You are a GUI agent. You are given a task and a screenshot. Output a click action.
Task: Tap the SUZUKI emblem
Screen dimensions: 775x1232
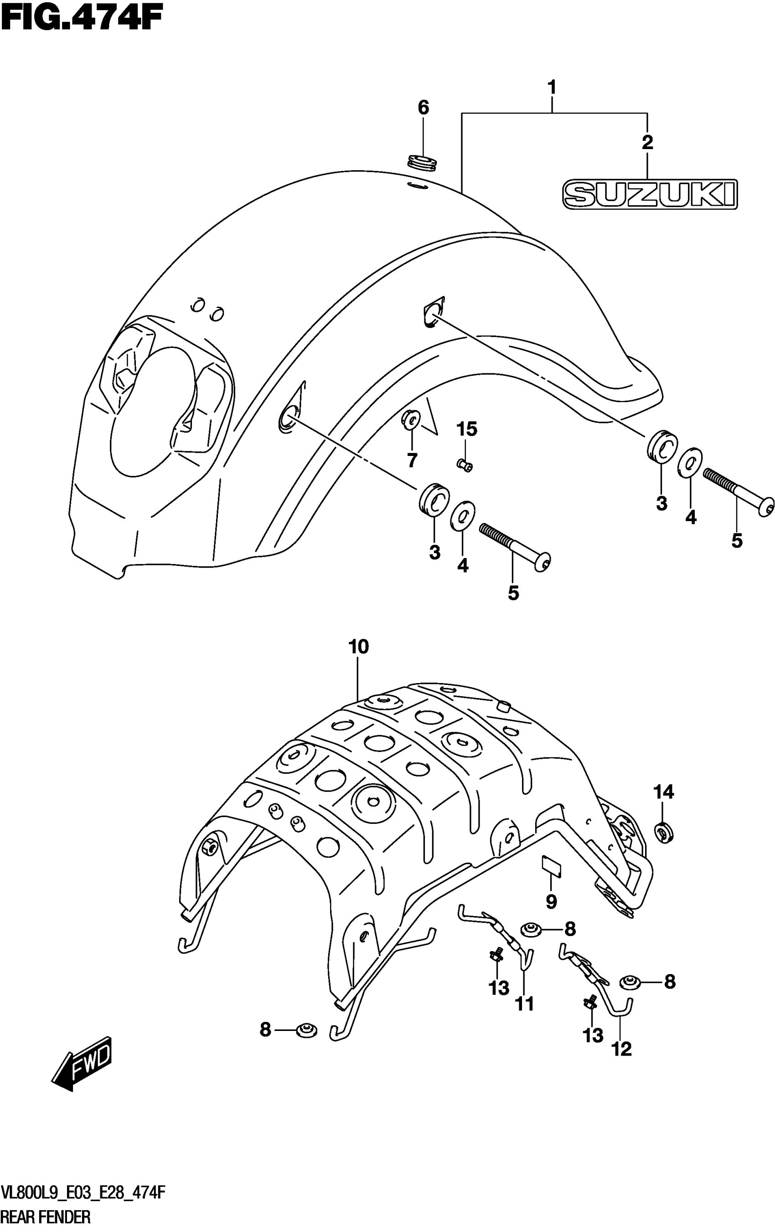(x=650, y=194)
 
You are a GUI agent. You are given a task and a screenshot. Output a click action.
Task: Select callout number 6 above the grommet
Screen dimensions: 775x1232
(x=423, y=108)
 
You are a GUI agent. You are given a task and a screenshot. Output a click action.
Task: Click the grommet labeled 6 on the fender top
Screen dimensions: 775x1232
(x=423, y=163)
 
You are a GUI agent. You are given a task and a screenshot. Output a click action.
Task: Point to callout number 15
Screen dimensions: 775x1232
(x=466, y=429)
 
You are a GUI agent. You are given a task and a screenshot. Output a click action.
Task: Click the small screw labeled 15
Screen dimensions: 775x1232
(x=465, y=464)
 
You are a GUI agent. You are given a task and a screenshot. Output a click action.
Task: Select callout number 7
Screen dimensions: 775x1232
(x=412, y=460)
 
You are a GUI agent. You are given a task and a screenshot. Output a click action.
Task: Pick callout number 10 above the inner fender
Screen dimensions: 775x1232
(x=359, y=647)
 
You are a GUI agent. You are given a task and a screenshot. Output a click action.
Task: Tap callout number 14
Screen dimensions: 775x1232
(x=663, y=792)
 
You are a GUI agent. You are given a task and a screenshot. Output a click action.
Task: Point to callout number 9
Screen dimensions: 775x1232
(x=551, y=901)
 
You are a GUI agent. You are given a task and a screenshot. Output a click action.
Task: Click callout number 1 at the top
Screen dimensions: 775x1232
(x=552, y=88)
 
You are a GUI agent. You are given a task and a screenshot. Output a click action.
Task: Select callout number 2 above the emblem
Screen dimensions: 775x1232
(x=648, y=142)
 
